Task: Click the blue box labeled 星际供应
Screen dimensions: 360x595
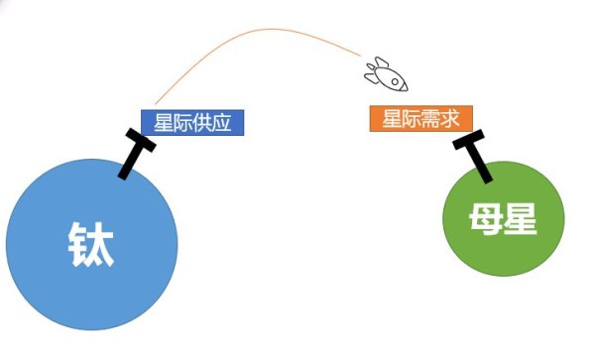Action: click(191, 122)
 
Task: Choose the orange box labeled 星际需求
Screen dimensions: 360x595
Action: click(420, 118)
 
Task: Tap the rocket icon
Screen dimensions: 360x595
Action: click(385, 72)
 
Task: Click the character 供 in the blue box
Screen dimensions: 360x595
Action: click(201, 122)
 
